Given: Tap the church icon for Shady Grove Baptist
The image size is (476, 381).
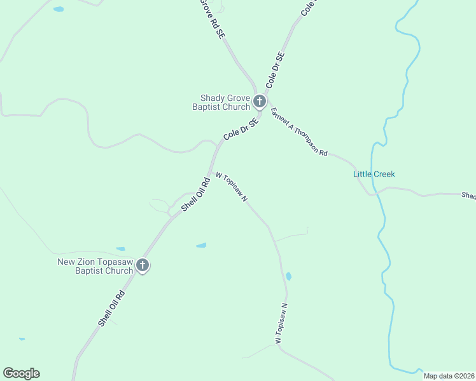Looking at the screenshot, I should point(259,101).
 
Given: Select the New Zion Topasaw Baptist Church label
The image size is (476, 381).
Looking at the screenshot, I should point(95,266).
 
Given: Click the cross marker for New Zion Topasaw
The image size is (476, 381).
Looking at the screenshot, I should point(143,265).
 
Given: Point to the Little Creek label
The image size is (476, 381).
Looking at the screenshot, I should point(374,174).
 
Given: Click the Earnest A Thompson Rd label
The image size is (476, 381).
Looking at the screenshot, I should point(298,132).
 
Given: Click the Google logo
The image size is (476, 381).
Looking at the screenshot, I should point(21,373).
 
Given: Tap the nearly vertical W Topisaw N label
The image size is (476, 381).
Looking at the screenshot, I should point(282,324).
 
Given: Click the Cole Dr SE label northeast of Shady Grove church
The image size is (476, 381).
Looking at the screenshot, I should point(275,70).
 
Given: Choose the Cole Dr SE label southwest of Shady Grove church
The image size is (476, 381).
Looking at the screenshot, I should point(241,129).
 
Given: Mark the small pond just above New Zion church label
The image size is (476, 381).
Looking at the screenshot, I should point(120,249).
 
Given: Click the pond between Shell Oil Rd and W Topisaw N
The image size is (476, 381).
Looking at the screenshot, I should point(201,245).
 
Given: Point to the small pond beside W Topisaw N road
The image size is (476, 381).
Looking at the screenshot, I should point(288,276).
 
